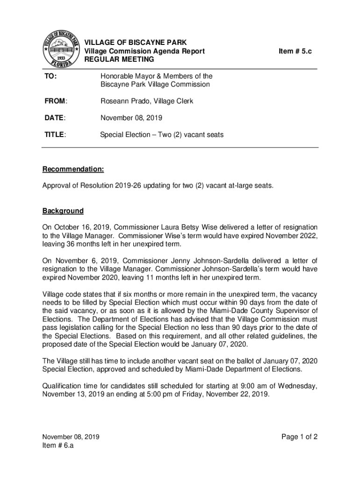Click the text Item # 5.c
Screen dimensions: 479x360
pos(295,51)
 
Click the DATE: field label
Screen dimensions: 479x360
pos(54,118)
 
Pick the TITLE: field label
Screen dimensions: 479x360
pos(55,135)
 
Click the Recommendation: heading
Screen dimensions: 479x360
pos(73,168)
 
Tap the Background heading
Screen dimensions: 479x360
pos(63,210)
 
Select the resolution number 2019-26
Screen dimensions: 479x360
pos(128,185)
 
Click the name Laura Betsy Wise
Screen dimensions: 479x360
pos(185,227)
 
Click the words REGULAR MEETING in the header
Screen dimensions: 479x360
pos(119,59)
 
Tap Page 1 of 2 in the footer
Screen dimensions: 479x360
pos(299,437)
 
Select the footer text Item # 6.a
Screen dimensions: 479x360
pos(58,445)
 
